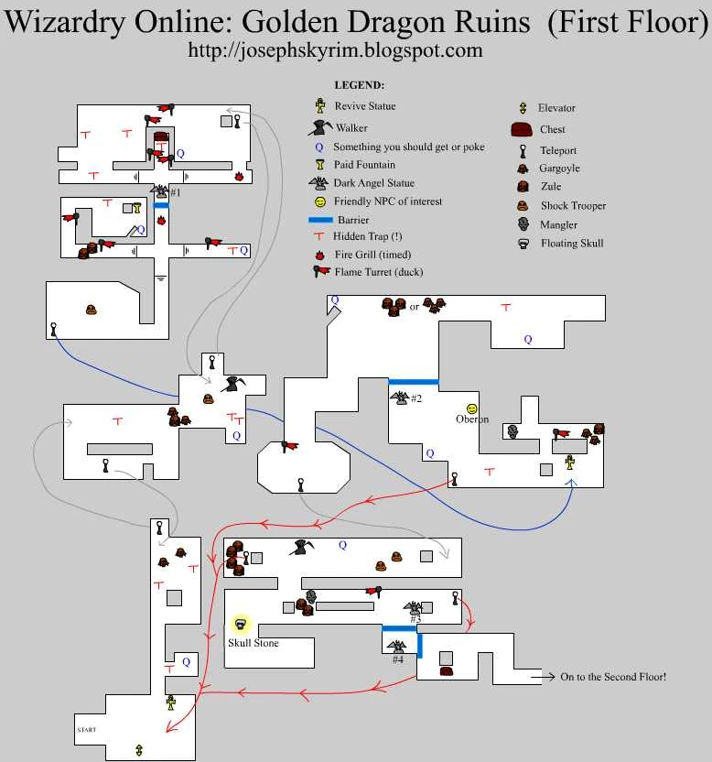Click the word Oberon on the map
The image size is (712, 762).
pyautogui.click(x=472, y=419)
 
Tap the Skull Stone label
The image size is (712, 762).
pyautogui.click(x=253, y=643)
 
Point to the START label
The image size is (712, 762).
pyautogui.click(x=87, y=730)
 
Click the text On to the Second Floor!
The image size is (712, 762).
pyautogui.click(x=613, y=677)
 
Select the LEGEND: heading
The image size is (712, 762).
pyautogui.click(x=359, y=85)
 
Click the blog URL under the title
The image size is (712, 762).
pyautogui.click(x=335, y=51)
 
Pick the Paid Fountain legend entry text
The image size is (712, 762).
pyautogui.click(x=364, y=165)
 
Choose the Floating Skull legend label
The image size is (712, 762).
pyautogui.click(x=572, y=244)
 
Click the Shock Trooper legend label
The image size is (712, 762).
pyautogui.click(x=573, y=206)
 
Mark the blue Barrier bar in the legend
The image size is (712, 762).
pyautogui.click(x=320, y=221)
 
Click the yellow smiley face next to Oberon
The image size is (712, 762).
pyautogui.click(x=472, y=408)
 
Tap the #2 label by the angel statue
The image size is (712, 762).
pyautogui.click(x=416, y=398)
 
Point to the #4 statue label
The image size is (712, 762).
pyautogui.click(x=397, y=659)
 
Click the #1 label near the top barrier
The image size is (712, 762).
pyautogui.click(x=175, y=192)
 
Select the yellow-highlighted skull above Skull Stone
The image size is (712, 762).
pyautogui.click(x=241, y=625)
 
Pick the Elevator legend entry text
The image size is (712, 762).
pyautogui.click(x=556, y=108)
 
